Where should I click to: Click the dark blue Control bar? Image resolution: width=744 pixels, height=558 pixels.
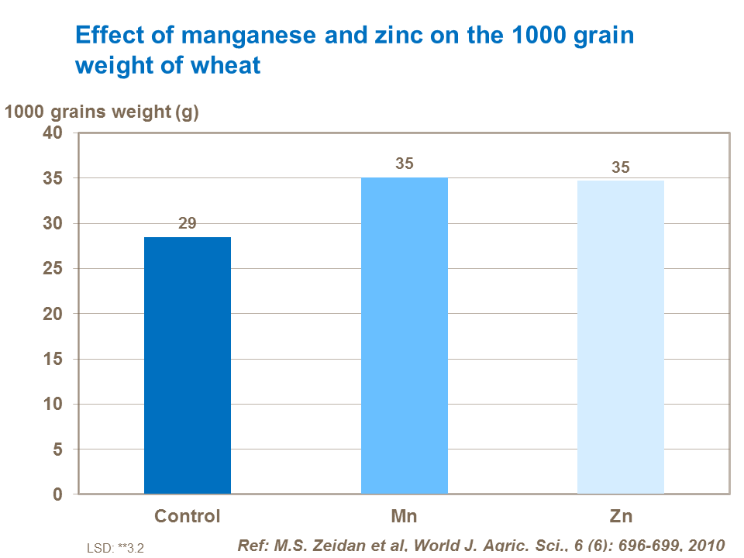[188, 365]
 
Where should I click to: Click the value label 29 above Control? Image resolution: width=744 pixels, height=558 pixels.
[188, 223]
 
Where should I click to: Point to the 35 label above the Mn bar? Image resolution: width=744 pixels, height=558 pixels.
[404, 164]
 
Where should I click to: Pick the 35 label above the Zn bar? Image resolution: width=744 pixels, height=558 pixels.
[621, 167]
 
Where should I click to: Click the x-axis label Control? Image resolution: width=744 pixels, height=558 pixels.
[188, 516]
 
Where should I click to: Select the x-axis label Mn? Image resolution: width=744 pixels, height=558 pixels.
[404, 516]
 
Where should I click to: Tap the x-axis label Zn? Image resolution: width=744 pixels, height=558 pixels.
[621, 516]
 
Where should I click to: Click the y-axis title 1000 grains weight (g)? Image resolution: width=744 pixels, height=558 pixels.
[102, 112]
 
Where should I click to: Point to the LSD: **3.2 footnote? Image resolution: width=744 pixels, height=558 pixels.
[115, 547]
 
